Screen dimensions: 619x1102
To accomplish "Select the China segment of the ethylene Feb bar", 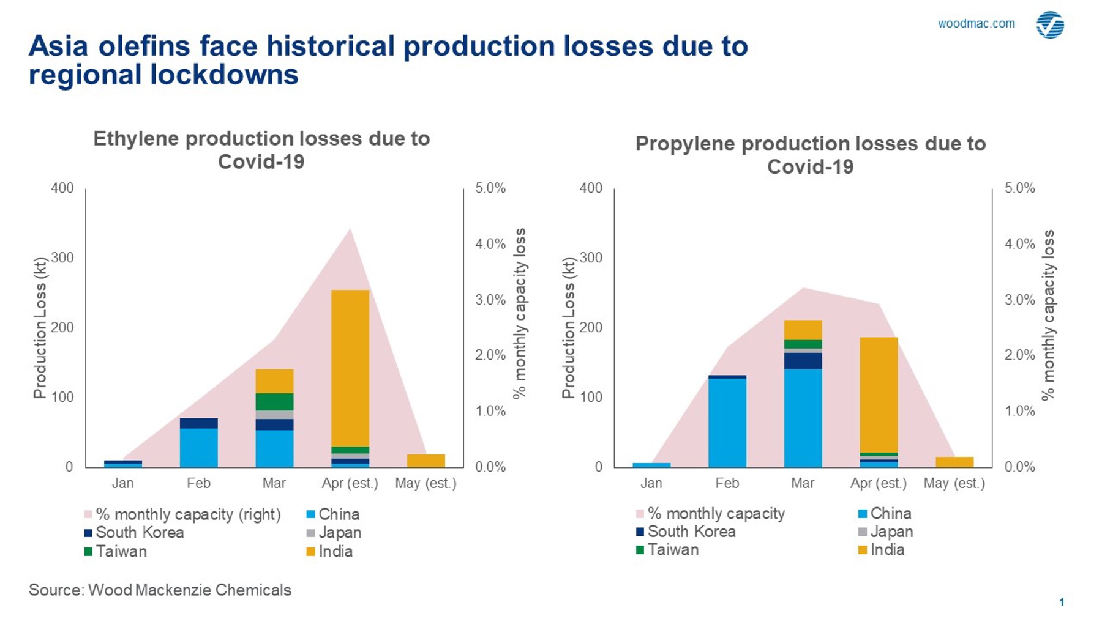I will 198,448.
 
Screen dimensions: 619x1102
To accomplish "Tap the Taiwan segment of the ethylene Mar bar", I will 274,401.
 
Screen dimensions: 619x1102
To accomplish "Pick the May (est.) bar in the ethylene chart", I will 425,461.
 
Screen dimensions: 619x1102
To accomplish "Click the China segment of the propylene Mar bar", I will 803,418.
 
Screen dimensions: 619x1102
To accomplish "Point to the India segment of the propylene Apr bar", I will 879,395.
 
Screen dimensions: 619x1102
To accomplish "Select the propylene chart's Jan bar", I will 651,465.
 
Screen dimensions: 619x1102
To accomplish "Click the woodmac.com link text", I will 976,24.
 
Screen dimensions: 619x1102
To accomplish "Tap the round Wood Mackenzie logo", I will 1050,25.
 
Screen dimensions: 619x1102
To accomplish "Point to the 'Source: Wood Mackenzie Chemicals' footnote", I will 160,590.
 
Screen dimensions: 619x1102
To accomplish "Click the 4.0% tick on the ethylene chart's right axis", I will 490,244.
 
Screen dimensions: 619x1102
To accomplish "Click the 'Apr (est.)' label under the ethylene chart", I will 350,483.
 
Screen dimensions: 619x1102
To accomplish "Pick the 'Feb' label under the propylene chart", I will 727,483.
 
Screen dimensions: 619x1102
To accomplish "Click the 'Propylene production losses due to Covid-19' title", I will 810,155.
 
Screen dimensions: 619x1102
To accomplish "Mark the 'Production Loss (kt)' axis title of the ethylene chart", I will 40,328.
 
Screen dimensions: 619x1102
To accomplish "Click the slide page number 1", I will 1062,602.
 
